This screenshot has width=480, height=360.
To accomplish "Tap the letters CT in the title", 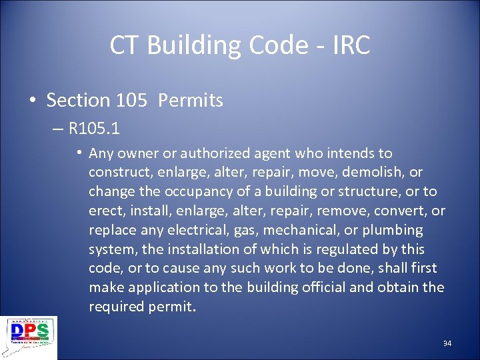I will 125,45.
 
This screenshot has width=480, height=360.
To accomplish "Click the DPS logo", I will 28,337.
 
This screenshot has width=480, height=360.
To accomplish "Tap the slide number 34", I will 447,343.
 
